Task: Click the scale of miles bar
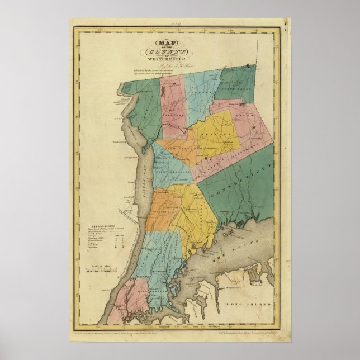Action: pos(98,272)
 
